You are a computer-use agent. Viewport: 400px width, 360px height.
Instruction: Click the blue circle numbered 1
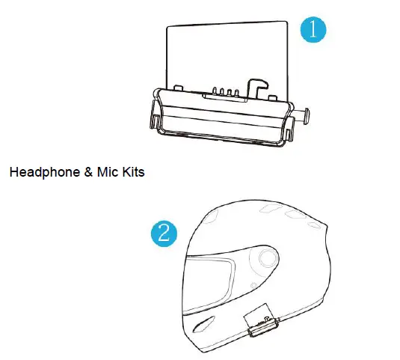[x=313, y=30]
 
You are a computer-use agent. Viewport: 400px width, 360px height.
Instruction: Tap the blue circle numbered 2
[x=164, y=234]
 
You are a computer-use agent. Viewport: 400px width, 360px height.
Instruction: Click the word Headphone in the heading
[x=45, y=172]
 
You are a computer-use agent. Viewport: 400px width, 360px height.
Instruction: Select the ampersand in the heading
[x=88, y=172]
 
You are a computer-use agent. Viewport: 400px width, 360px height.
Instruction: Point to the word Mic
[x=108, y=172]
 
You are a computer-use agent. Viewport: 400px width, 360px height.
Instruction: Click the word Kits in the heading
[x=133, y=172]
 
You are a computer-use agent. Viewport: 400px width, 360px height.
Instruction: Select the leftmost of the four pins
[x=215, y=91]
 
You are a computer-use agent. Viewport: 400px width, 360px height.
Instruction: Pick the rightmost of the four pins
[x=236, y=93]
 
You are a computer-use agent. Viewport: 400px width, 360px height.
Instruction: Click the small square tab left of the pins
[x=178, y=88]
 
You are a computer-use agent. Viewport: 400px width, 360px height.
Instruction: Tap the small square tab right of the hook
[x=273, y=97]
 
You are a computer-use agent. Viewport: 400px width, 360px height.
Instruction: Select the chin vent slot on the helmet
[x=203, y=324]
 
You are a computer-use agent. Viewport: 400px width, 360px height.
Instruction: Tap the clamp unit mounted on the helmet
[x=262, y=322]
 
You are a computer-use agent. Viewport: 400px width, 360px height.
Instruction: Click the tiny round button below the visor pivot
[x=253, y=285]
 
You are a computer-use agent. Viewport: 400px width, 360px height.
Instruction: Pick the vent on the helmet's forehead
[x=211, y=216]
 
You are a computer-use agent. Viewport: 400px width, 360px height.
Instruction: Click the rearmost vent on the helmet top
[x=313, y=226]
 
